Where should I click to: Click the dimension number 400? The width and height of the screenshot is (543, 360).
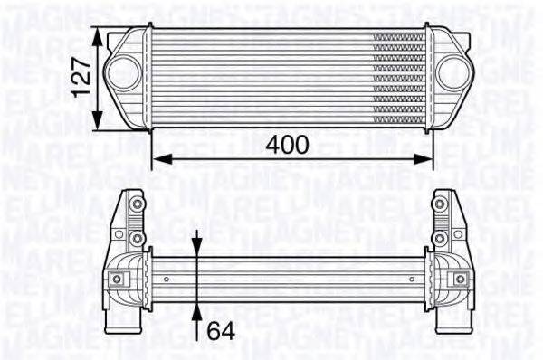288,145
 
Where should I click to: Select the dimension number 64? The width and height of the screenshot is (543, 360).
221,332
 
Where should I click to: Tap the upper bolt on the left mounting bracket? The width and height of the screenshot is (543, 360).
136,204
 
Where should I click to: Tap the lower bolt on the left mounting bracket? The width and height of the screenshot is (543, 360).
136,237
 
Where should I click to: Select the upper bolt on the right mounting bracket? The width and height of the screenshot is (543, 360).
441,204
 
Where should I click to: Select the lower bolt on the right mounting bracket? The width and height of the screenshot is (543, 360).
441,237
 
